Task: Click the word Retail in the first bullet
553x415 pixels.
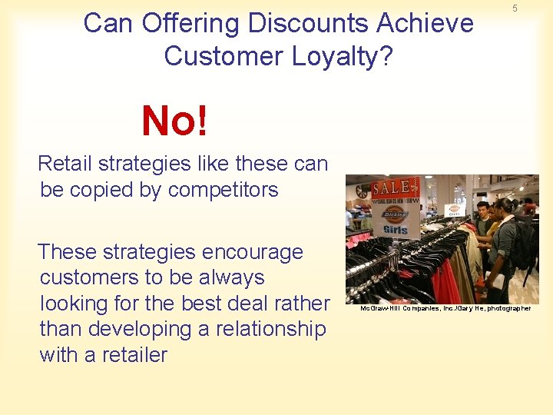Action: [65, 164]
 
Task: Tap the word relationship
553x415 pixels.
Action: [262, 329]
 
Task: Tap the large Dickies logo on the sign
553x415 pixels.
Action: [394, 214]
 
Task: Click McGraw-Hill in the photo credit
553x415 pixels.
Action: [378, 308]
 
